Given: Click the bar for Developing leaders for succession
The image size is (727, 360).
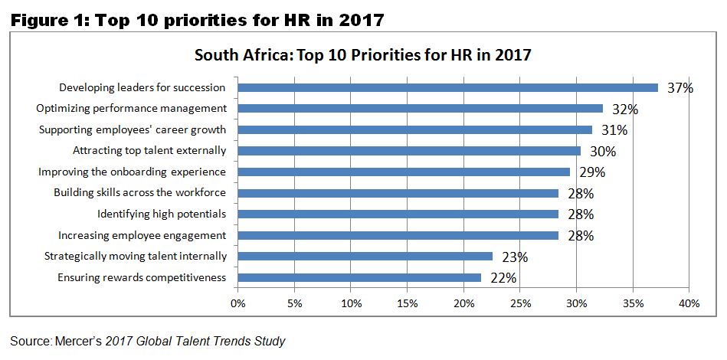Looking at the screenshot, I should [448, 87].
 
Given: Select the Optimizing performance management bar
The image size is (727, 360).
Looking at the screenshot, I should [421, 109].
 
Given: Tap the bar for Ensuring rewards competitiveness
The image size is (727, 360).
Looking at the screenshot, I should [359, 277].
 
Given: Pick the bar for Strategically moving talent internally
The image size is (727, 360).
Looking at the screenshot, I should [365, 256].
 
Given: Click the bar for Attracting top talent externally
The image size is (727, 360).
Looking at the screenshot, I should [409, 151].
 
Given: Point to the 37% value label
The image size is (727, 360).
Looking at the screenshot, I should [680, 88].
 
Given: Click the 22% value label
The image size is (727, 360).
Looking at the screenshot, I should [503, 278].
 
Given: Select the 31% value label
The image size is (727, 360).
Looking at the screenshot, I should [614, 130].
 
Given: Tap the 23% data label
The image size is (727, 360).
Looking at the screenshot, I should [515, 257].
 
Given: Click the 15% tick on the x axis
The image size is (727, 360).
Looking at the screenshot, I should [408, 304].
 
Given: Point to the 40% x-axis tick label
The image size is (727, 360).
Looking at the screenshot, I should [689, 304].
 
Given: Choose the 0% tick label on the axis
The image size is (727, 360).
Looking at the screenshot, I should [238, 304].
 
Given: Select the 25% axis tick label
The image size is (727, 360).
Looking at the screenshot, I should [520, 304].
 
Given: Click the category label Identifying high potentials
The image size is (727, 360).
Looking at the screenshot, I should [162, 214].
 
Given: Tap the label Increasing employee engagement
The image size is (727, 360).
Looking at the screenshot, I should [142, 235].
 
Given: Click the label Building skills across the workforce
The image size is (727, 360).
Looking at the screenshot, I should [140, 193].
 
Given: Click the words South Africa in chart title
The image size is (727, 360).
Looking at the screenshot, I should [236, 55].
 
